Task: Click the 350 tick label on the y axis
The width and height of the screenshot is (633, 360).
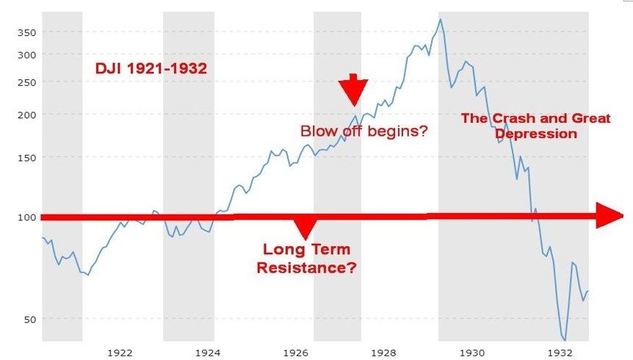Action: tap(26, 33)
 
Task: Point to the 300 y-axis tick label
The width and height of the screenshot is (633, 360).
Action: tap(26, 55)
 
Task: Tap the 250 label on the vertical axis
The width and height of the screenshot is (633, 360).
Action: tap(26, 82)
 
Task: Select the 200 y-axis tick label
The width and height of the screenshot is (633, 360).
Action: tap(26, 115)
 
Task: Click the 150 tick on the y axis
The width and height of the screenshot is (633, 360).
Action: tap(26, 157)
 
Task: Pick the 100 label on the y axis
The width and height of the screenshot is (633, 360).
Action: tap(26, 217)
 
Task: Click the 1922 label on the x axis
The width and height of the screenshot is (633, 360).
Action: tap(120, 353)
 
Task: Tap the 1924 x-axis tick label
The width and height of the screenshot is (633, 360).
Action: tap(208, 353)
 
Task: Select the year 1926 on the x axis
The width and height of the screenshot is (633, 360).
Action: tap(296, 353)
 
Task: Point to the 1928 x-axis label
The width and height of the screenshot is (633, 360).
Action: tap(383, 353)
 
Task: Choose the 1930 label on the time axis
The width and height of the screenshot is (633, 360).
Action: tap(472, 353)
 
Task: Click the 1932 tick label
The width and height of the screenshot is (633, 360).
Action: tap(561, 353)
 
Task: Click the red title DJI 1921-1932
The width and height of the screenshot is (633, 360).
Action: tap(151, 68)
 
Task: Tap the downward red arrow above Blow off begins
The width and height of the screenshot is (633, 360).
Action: tap(353, 90)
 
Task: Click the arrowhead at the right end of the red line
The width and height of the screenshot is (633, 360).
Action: tap(610, 216)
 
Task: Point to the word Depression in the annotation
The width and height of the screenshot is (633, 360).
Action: tap(536, 134)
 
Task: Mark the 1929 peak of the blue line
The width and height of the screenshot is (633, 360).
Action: tap(440, 18)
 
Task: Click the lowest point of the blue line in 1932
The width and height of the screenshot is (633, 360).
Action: tap(565, 340)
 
